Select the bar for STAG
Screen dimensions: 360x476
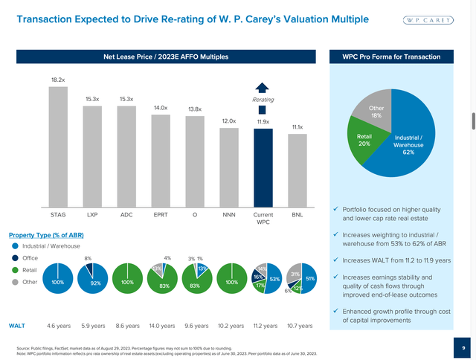58,146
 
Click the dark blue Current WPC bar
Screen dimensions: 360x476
263,167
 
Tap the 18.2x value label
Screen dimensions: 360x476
58,79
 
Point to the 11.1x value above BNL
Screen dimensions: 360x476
297,127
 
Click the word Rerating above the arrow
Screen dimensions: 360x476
263,98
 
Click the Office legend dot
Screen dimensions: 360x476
16,258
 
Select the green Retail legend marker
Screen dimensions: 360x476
16,271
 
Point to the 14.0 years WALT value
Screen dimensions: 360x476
161,326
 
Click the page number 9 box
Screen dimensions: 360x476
463,347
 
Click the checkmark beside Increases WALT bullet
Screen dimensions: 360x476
335,261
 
